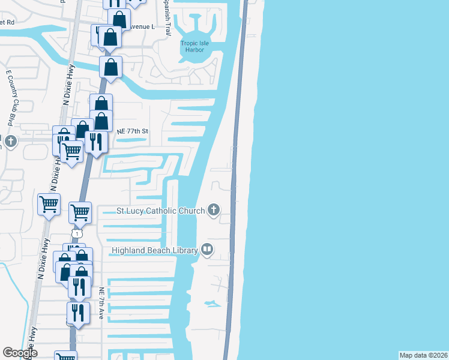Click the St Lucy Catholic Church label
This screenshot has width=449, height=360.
(160, 211)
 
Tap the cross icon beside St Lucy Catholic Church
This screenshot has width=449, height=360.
(213, 210)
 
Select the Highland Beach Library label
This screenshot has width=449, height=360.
(154, 250)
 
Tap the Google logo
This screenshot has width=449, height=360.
(20, 353)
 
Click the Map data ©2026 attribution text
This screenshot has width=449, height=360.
(423, 355)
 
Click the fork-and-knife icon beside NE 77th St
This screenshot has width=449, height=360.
(96, 142)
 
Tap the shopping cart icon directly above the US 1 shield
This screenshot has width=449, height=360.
(80, 212)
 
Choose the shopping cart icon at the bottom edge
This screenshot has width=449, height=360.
(66, 356)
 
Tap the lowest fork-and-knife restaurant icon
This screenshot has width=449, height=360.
(77, 313)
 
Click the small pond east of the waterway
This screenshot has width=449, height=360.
(211, 304)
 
